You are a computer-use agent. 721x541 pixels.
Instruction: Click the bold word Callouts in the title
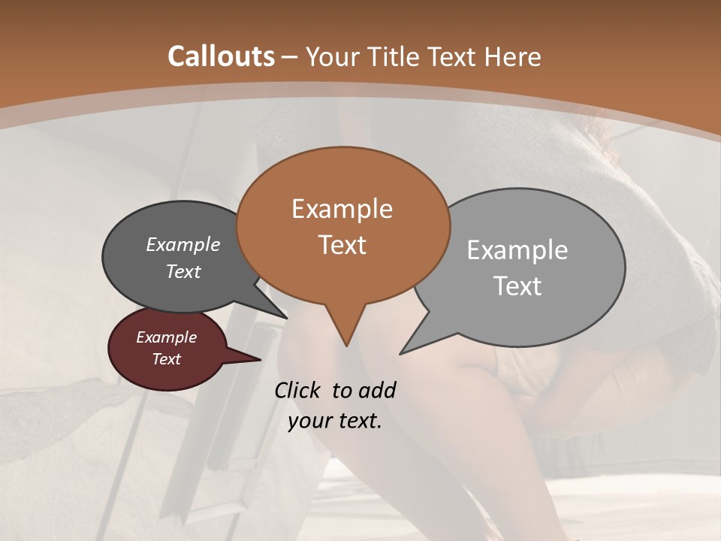point(221,56)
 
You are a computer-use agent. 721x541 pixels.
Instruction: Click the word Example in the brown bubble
point(342,209)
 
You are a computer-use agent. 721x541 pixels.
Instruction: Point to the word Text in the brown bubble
point(342,245)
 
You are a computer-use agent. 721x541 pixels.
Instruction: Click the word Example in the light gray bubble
point(517,250)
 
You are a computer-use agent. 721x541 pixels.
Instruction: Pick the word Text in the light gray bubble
point(517,286)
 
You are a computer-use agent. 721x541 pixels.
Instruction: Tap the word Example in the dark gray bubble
point(183,245)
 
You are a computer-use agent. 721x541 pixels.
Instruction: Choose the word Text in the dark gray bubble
point(183,271)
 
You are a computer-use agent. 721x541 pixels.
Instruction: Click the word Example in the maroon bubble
point(167,337)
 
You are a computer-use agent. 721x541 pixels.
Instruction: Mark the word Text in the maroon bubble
point(167,359)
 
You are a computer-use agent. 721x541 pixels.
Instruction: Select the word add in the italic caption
point(377,391)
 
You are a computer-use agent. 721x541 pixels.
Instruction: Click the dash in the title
point(290,56)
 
